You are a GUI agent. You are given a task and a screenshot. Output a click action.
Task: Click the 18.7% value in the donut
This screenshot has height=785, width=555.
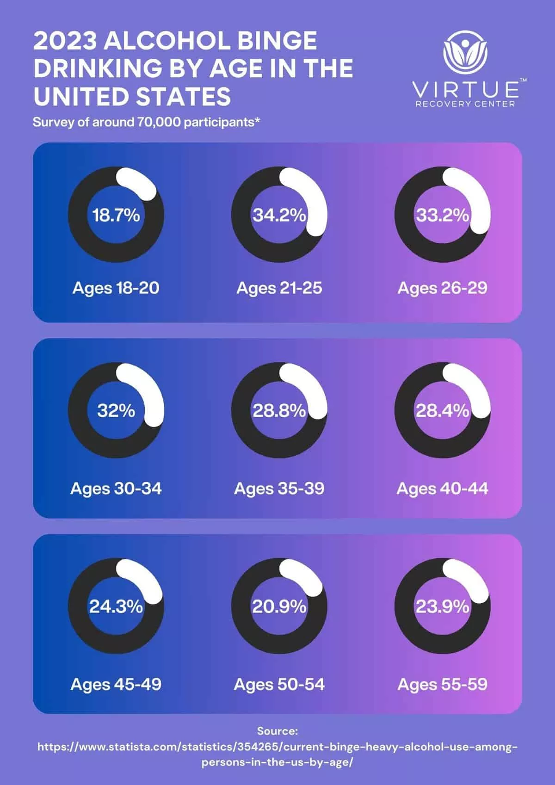click(116, 215)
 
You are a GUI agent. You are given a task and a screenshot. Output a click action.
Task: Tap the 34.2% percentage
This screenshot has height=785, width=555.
click(279, 215)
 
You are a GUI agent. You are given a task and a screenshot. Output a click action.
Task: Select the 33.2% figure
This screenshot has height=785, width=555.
click(442, 215)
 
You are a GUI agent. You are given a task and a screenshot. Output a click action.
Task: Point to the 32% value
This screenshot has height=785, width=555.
click(116, 411)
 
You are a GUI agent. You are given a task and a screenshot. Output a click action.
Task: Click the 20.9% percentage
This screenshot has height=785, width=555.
click(279, 606)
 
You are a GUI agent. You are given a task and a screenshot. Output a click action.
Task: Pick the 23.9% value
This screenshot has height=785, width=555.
click(442, 606)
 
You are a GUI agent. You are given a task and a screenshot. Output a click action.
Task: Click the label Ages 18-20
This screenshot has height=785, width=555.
click(116, 288)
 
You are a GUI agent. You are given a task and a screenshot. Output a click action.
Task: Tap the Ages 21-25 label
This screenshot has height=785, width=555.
click(279, 288)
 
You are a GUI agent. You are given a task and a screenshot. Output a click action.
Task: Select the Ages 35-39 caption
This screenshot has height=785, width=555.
click(279, 488)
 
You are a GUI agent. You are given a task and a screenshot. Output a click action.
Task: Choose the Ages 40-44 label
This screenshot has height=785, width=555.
click(442, 488)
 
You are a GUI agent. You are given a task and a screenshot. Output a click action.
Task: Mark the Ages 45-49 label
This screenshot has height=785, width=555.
click(116, 684)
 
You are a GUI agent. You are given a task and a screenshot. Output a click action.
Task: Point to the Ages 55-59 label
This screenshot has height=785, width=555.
click(442, 684)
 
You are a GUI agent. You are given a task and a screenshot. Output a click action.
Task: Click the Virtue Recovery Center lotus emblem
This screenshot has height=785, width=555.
click(465, 51)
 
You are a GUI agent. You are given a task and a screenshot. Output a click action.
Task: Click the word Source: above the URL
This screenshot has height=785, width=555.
click(277, 731)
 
